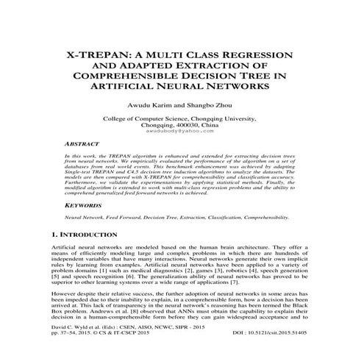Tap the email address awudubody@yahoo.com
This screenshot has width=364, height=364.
click(x=182, y=132)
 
